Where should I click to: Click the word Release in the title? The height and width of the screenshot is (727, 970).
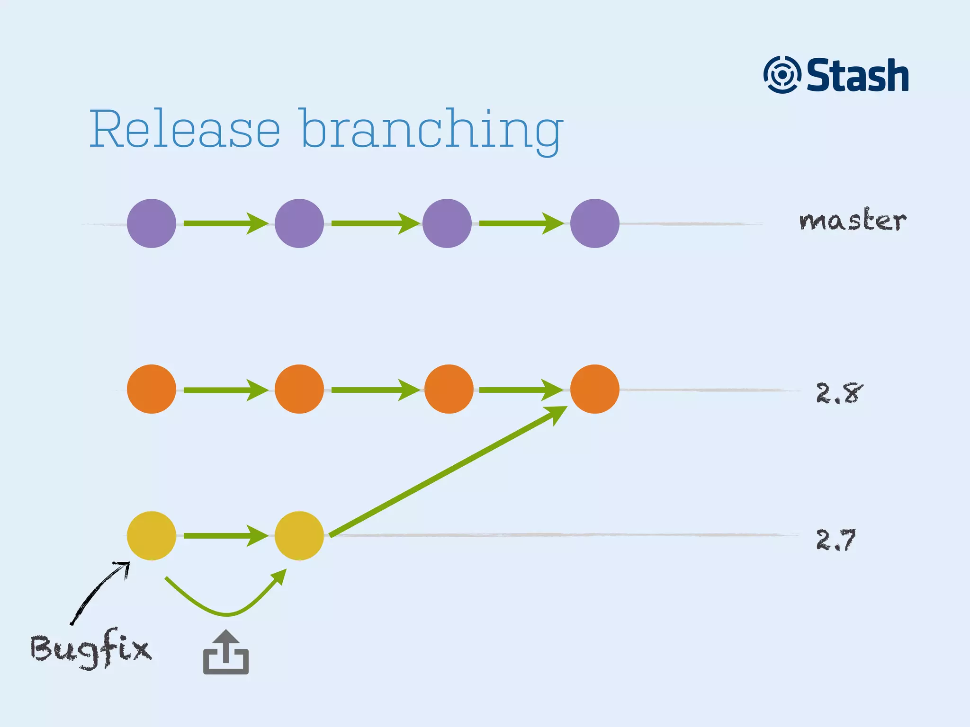pos(185,129)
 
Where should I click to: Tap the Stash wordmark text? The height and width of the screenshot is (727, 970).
pos(857,75)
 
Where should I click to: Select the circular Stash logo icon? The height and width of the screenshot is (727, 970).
pos(781,75)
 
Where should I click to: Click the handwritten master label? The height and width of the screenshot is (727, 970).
pos(853,221)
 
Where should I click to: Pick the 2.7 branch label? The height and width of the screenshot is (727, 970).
pos(836,540)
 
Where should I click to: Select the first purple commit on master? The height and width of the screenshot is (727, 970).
pos(152,223)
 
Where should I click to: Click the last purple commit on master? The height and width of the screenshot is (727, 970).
pos(594,223)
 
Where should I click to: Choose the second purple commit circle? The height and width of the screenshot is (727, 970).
pos(299,223)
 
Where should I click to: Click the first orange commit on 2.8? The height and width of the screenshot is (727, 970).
pos(152,389)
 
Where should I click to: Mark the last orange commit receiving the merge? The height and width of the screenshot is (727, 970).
pos(594,389)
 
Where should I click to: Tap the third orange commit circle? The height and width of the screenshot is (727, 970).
pos(449,389)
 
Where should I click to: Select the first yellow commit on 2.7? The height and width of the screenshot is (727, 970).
pos(152,536)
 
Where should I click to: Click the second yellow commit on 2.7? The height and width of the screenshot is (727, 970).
pos(299,536)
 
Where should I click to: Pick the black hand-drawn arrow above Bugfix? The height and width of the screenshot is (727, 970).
pos(97,594)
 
